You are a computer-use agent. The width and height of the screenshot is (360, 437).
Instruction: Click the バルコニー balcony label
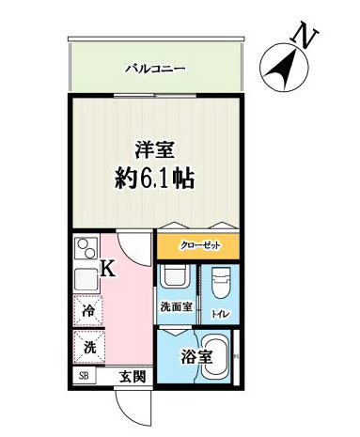coord(156,69)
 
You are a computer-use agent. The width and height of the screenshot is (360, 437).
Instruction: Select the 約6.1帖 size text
coord(155,179)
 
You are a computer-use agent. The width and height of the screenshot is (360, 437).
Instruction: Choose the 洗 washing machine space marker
coord(89,347)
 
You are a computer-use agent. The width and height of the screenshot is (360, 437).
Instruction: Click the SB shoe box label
coord(85,377)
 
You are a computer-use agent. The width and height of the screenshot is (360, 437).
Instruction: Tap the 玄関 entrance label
coord(132,377)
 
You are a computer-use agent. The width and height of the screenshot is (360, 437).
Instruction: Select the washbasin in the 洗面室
coord(176,278)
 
